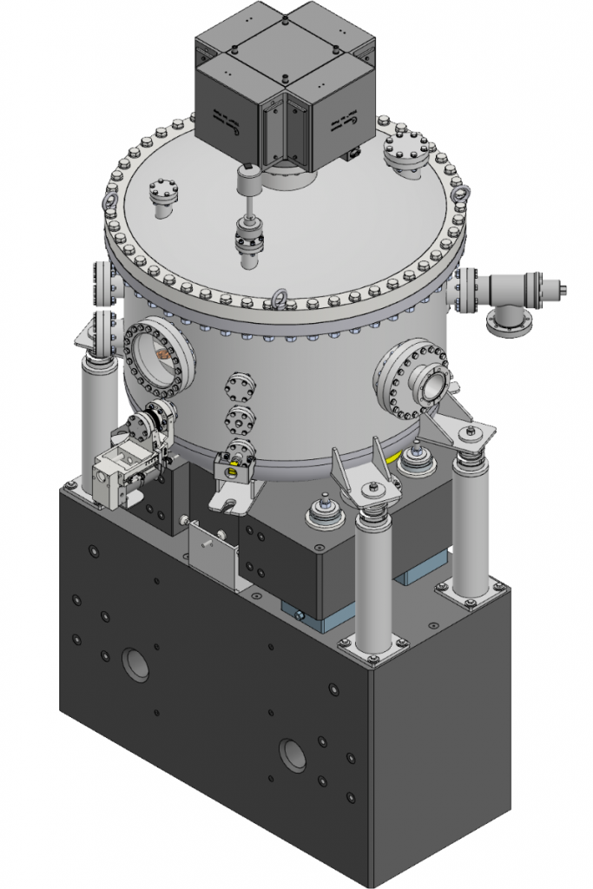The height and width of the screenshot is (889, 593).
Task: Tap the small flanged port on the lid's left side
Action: coord(162,196)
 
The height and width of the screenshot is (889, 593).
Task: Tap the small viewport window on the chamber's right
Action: coord(431,381)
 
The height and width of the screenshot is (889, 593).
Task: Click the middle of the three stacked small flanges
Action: coord(240,419)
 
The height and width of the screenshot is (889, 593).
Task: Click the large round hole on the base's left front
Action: coord(135,664)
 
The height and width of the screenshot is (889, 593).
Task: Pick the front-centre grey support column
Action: coord(372,582)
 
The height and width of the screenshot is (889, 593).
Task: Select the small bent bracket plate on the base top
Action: coord(213,556)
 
